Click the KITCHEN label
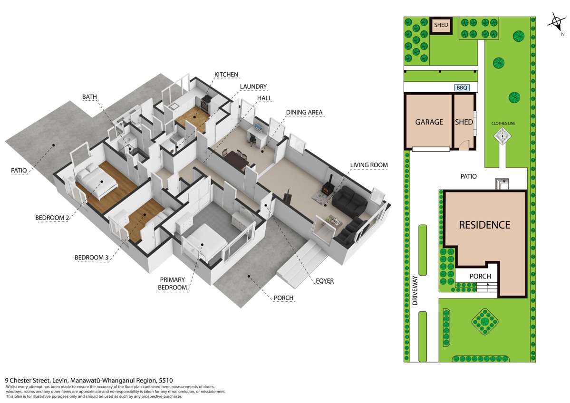point(226,75)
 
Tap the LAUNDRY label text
point(253,86)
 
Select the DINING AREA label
point(304,113)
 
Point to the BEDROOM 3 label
point(92,258)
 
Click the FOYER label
point(325,281)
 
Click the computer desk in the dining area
point(256,135)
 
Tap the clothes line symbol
point(503,140)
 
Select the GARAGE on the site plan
point(429,122)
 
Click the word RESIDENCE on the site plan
point(484,225)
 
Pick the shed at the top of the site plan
point(442,25)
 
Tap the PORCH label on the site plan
point(480,276)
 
